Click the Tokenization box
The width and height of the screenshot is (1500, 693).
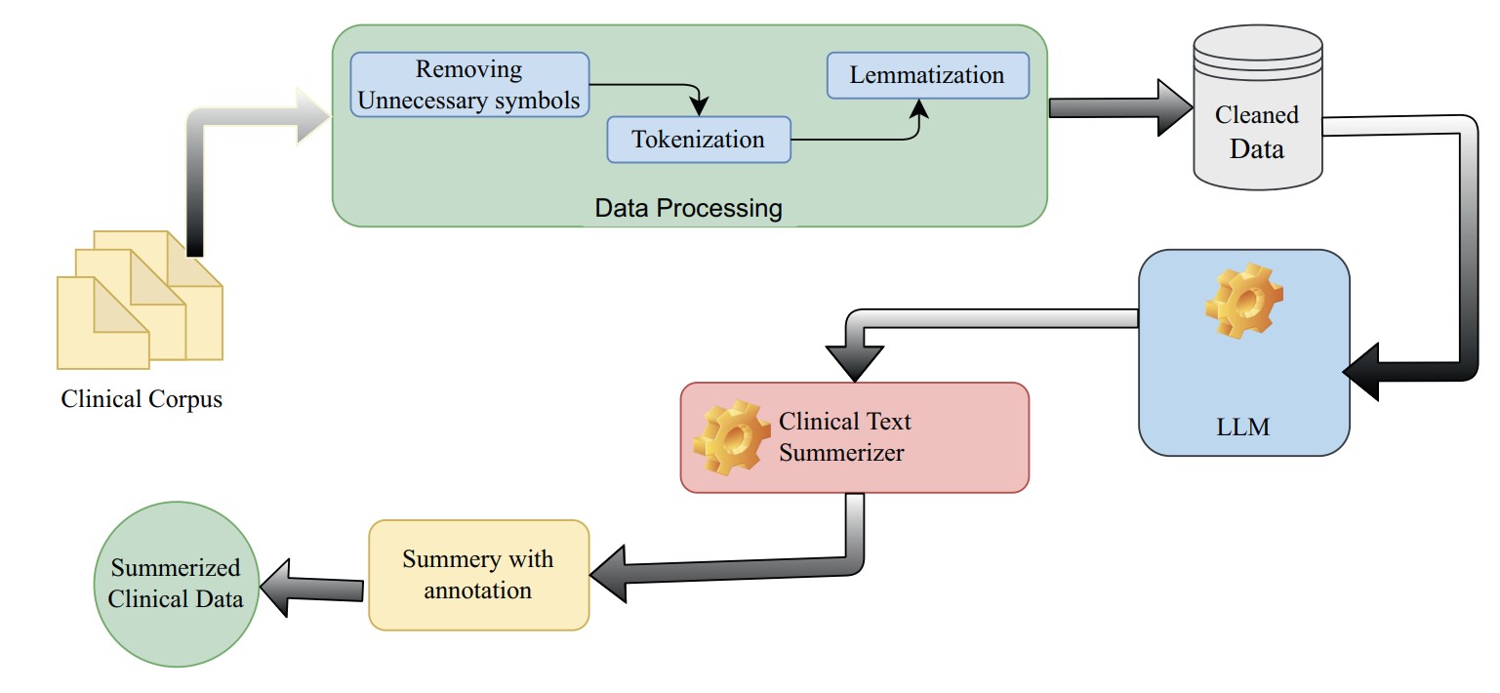click(699, 140)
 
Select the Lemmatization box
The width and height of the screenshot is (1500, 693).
click(927, 75)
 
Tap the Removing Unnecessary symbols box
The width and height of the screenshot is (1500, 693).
click(469, 84)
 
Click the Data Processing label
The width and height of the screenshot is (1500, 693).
click(688, 208)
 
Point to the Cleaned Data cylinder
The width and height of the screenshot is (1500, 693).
click(1258, 107)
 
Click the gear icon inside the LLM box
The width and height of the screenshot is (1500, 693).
click(1244, 301)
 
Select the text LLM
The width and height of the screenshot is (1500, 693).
click(1243, 427)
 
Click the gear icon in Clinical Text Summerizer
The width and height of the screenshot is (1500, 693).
click(731, 437)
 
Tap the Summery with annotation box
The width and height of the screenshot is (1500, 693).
click(479, 575)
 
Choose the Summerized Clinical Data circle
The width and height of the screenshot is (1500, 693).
click(176, 584)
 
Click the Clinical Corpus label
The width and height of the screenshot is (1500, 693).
click(142, 399)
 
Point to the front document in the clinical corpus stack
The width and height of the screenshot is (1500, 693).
click(102, 323)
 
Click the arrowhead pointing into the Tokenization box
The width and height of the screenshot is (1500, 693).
click(699, 106)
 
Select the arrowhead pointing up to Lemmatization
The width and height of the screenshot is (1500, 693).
click(919, 109)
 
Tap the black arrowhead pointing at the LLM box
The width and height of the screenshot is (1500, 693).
click(1360, 372)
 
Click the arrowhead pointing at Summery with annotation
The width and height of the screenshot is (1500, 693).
click(608, 574)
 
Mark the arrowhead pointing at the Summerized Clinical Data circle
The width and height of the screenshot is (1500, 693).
click(275, 588)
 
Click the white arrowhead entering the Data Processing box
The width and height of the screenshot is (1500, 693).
click(313, 116)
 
